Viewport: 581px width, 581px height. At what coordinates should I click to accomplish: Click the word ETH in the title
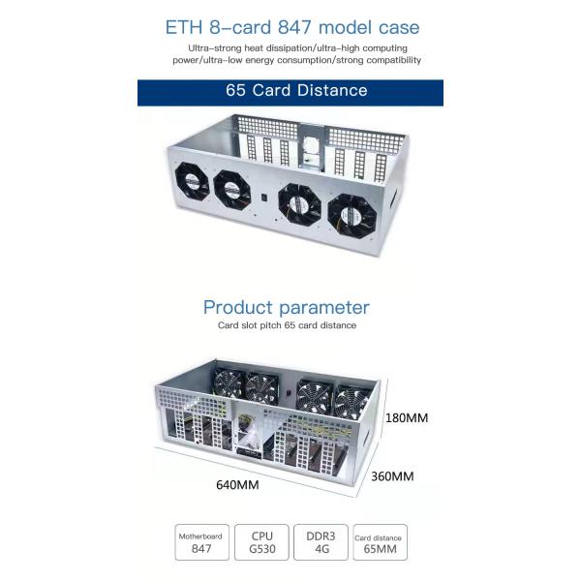[x=184, y=27]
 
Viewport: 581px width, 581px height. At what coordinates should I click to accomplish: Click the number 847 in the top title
[x=295, y=27]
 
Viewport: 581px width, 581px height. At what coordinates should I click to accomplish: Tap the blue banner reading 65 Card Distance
[x=290, y=93]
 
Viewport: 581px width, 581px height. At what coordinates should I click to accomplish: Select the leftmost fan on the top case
[x=192, y=183]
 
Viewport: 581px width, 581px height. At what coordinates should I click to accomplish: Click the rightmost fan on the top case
[x=352, y=216]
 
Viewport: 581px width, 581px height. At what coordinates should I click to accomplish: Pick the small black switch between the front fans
[x=264, y=198]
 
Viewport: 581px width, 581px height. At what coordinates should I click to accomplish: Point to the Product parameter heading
[x=287, y=308]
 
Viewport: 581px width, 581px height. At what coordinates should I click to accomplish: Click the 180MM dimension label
[x=407, y=418]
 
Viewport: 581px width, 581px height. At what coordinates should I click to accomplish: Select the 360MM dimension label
[x=392, y=476]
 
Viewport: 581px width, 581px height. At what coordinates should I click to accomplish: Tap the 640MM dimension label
[x=237, y=485]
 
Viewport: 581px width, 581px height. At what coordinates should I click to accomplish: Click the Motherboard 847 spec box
[x=202, y=542]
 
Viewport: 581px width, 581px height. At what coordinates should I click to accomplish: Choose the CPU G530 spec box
[x=261, y=542]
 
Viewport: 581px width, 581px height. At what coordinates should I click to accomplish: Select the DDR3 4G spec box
[x=321, y=542]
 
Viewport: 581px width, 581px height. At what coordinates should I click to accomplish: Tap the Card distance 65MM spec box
[x=381, y=542]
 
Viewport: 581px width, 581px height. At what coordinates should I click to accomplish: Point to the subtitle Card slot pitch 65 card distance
[x=288, y=325]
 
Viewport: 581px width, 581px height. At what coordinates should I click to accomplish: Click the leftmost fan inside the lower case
[x=228, y=384]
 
